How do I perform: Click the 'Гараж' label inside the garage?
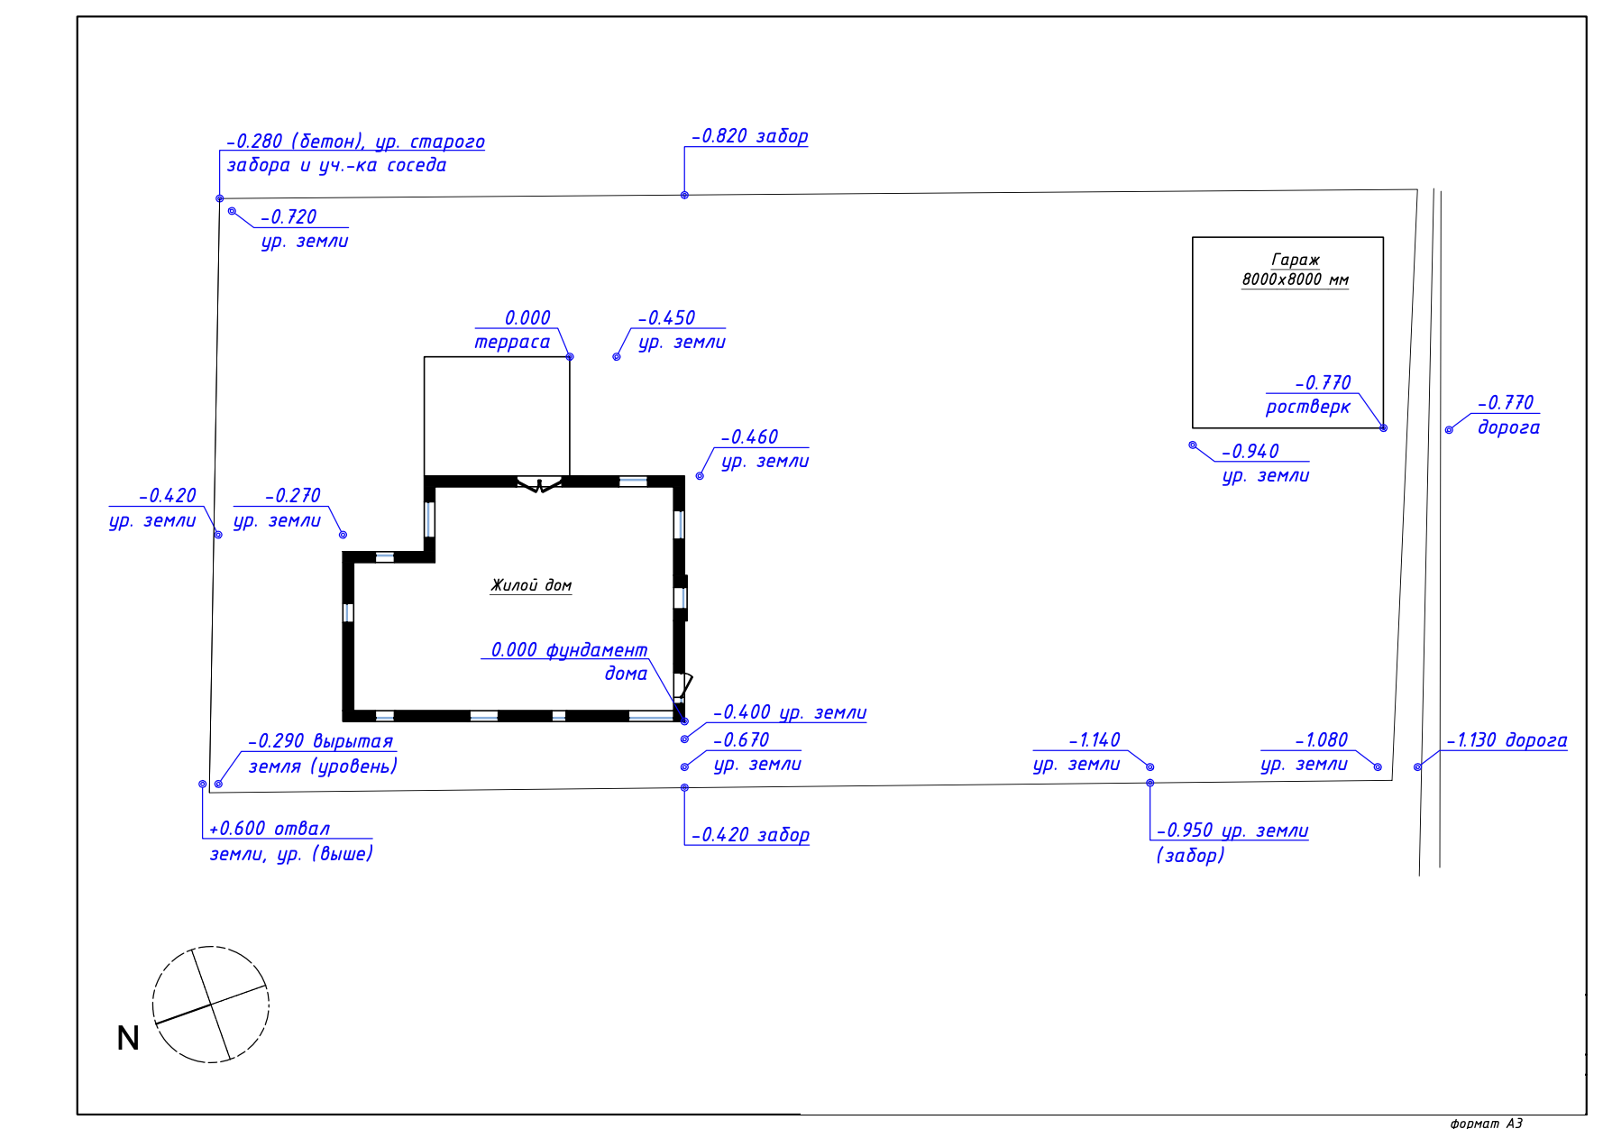(x=1296, y=260)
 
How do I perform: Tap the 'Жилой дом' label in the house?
(x=531, y=585)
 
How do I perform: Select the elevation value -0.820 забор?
(x=749, y=136)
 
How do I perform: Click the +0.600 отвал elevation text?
(x=269, y=829)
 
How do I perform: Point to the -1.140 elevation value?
(x=1095, y=740)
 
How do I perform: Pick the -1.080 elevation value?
(x=1322, y=740)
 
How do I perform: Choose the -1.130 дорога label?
(x=1507, y=740)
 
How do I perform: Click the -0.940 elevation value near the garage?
(x=1250, y=452)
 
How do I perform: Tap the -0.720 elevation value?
(x=289, y=217)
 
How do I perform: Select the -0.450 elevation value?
(x=666, y=318)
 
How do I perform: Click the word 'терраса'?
(x=512, y=342)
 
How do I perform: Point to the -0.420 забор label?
(x=750, y=835)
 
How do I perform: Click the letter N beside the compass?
(x=128, y=1039)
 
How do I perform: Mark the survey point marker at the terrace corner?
(x=570, y=357)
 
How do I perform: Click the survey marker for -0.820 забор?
(x=684, y=195)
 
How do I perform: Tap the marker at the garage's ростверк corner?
(x=1383, y=428)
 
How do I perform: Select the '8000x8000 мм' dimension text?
(x=1296, y=280)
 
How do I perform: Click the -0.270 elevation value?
(x=293, y=496)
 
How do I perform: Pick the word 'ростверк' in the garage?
(x=1308, y=407)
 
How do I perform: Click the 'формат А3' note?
(x=1486, y=1123)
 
